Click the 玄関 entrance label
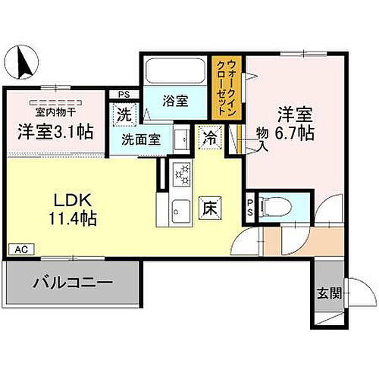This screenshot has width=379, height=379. [327, 294]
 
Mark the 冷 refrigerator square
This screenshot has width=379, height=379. [208, 139]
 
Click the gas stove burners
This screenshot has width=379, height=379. [182, 176]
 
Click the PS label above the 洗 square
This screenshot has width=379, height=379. [124, 95]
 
